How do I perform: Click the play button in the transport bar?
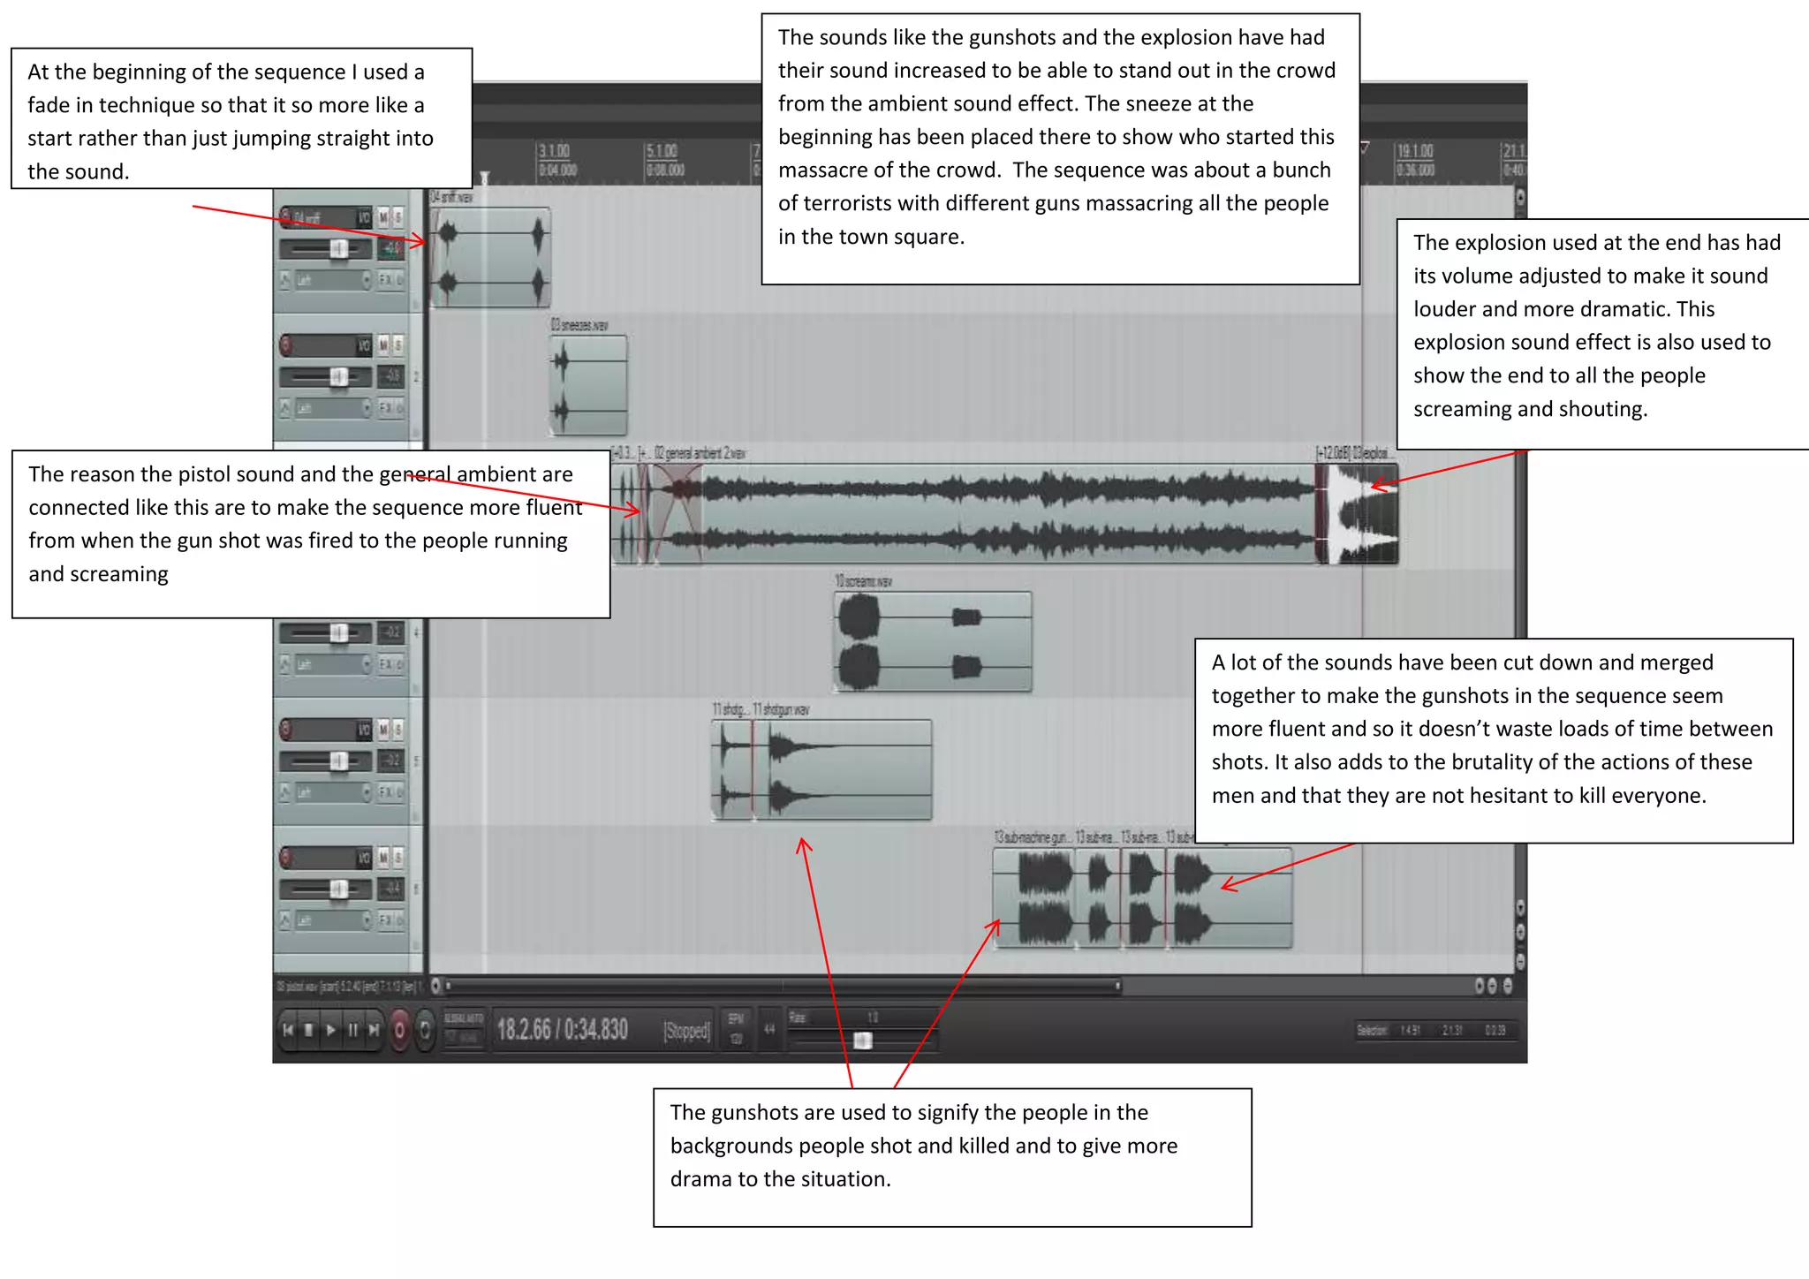(x=330, y=1030)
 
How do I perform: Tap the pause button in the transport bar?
(x=352, y=1030)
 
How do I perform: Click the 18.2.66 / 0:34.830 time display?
(x=563, y=1030)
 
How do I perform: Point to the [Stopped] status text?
(x=686, y=1031)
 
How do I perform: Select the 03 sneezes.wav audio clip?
(x=588, y=384)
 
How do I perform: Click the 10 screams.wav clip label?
(x=863, y=581)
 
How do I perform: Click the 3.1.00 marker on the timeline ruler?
(x=555, y=152)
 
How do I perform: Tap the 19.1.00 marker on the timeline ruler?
(x=1414, y=152)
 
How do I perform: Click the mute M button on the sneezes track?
(x=383, y=345)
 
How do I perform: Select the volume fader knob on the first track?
(x=338, y=249)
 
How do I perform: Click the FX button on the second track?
(x=385, y=407)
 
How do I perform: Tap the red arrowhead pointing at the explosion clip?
(x=1376, y=485)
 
